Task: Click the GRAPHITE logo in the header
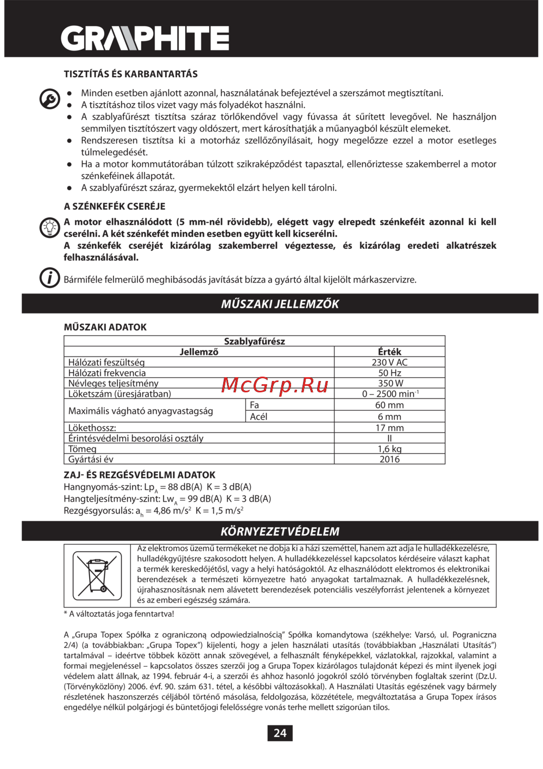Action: tap(144, 39)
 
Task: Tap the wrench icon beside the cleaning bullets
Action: tap(50, 99)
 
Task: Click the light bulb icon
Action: tap(49, 227)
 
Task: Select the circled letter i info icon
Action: tap(49, 278)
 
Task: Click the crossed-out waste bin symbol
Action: tap(97, 575)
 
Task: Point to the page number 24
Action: tap(280, 733)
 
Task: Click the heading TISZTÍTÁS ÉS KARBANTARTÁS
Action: tap(130, 74)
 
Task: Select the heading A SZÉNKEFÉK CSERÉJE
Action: tap(115, 207)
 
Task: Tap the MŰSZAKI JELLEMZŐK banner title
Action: tap(280, 304)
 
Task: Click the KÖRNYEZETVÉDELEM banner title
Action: tap(280, 532)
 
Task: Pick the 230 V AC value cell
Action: tap(389, 362)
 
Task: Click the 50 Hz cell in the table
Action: tap(389, 373)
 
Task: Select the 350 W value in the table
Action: tap(389, 383)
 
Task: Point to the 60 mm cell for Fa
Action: tap(389, 405)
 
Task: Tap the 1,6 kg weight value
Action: tap(389, 449)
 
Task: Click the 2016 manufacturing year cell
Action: tap(389, 459)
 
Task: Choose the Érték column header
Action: tap(389, 352)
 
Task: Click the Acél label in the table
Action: tap(258, 417)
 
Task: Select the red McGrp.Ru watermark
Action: tap(275, 385)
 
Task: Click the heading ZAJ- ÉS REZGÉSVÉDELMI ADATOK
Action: tap(140, 475)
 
